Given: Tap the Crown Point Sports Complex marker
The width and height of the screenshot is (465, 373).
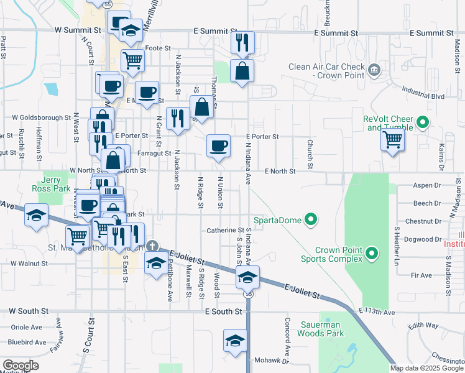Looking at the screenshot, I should (x=372, y=253).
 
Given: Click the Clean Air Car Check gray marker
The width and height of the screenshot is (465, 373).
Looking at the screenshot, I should (x=374, y=68).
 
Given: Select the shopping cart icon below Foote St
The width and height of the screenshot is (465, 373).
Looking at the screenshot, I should (x=132, y=60).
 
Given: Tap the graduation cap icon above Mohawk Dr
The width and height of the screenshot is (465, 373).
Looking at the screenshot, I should (x=235, y=341).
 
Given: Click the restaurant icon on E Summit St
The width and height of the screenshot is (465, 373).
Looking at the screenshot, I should (x=242, y=42).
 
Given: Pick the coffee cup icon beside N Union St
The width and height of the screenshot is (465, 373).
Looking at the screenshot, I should (x=218, y=145).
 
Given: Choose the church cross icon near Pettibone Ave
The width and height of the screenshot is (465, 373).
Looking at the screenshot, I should (x=151, y=246).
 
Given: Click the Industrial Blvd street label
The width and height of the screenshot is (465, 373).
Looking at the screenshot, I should (x=423, y=96).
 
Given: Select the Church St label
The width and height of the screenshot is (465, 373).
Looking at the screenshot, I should (x=310, y=149).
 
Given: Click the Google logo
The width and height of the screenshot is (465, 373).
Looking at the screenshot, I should (x=21, y=366).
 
